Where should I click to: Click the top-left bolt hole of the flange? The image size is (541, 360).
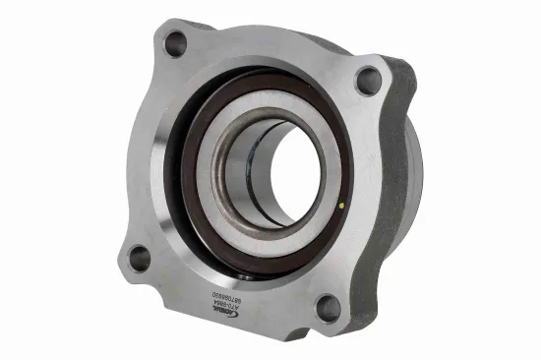point(175,43)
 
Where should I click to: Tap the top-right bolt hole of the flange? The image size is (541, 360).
point(368,81)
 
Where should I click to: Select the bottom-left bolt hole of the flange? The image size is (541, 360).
point(140,259)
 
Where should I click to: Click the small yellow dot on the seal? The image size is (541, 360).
point(340,206)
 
